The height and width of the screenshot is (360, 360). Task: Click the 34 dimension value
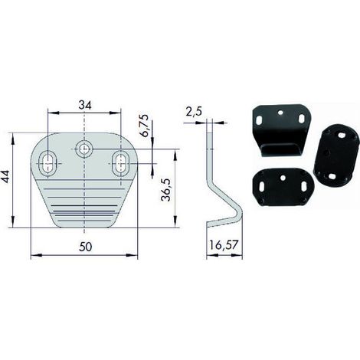(x=85, y=105)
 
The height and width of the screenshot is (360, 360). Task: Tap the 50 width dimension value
(x=86, y=247)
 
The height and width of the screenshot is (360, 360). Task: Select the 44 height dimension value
(x=5, y=176)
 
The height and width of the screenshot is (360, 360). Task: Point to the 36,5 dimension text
(x=165, y=190)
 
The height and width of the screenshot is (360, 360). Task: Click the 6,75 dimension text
(x=145, y=126)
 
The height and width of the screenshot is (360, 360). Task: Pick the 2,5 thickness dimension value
(x=194, y=112)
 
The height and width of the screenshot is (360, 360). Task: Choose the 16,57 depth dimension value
(x=224, y=245)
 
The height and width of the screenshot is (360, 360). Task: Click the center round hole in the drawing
(x=83, y=149)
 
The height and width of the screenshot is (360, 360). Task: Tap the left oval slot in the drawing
(x=47, y=163)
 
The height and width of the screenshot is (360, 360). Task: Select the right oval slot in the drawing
(x=121, y=163)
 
